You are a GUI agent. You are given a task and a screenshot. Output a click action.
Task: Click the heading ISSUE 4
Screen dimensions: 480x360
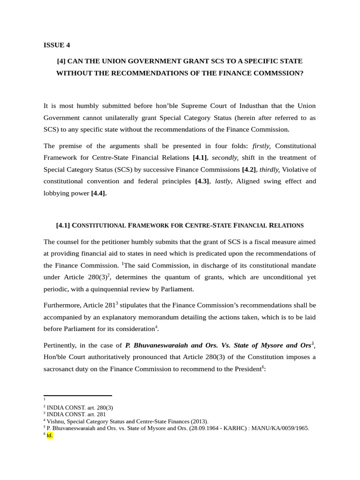point(56,45)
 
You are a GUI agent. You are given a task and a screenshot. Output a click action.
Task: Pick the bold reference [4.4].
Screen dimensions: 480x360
point(98,193)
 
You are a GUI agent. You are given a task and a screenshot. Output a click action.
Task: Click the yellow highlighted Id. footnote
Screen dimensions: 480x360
point(50,435)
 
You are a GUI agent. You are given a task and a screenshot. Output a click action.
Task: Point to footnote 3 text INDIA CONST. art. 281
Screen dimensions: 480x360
point(76,414)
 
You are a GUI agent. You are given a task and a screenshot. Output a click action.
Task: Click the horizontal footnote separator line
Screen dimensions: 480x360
point(77,396)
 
